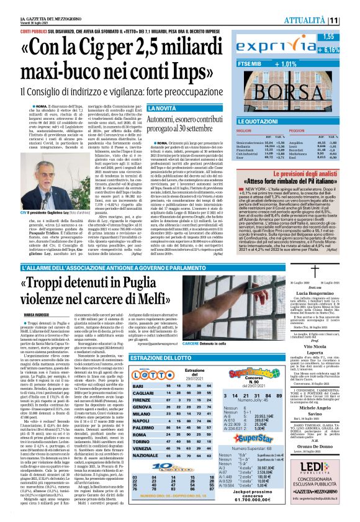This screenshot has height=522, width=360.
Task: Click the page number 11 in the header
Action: [351, 21]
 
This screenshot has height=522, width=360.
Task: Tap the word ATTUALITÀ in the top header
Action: [320, 21]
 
